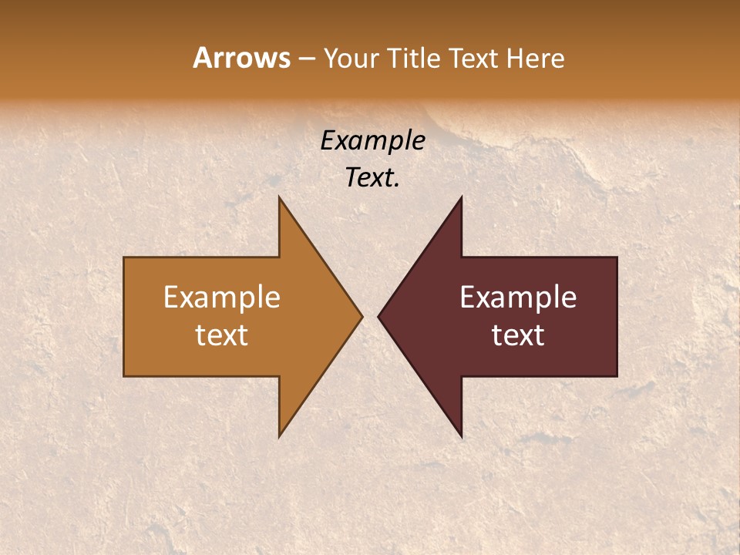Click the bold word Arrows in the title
(x=241, y=58)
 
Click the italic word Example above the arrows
(x=372, y=140)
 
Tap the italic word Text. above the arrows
(x=372, y=177)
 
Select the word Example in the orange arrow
(x=222, y=297)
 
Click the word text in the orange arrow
(x=222, y=335)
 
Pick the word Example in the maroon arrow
(x=518, y=297)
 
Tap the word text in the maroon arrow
(x=518, y=335)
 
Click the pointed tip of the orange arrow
(x=362, y=316)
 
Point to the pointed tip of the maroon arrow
(x=378, y=316)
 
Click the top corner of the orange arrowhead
(x=279, y=197)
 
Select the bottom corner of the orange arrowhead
(x=279, y=436)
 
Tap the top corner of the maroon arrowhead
(x=461, y=197)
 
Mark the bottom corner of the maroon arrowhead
(x=461, y=436)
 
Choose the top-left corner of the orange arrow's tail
(x=124, y=257)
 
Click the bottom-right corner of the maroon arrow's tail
(x=617, y=375)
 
